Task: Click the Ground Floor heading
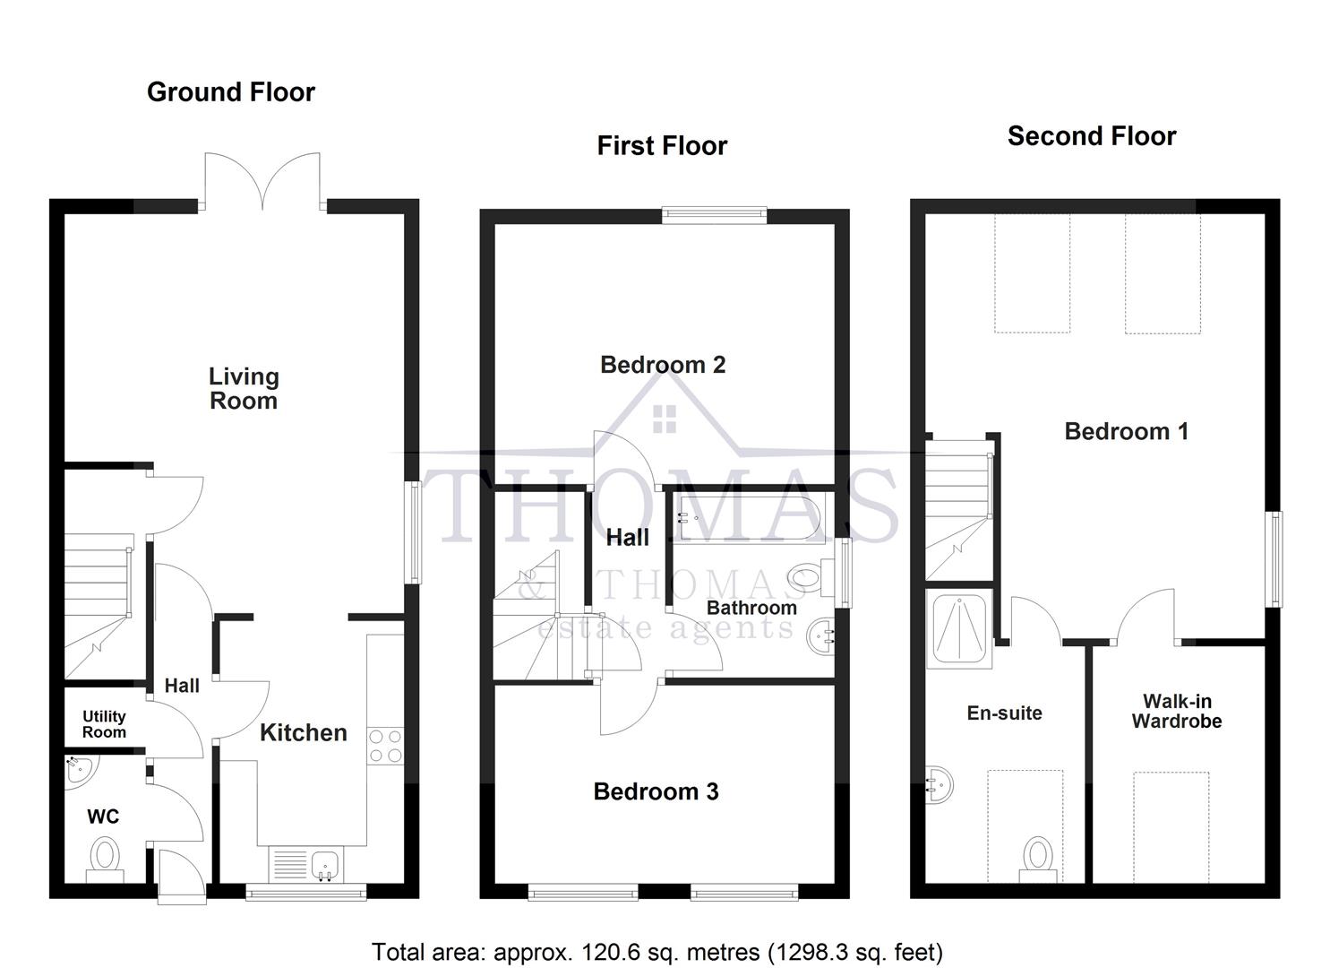[231, 92]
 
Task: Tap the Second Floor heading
[1091, 136]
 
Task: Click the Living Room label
[244, 388]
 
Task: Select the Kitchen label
[303, 732]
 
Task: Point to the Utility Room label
[104, 724]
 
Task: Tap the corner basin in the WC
[80, 770]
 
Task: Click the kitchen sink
[324, 864]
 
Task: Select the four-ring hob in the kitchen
[385, 746]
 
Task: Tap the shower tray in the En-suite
[958, 627]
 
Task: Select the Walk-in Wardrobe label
[1176, 712]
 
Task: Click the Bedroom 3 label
[656, 791]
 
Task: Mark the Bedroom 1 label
[1126, 431]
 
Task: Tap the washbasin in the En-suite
[939, 786]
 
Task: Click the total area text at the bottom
[656, 951]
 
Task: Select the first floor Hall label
[627, 538]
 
